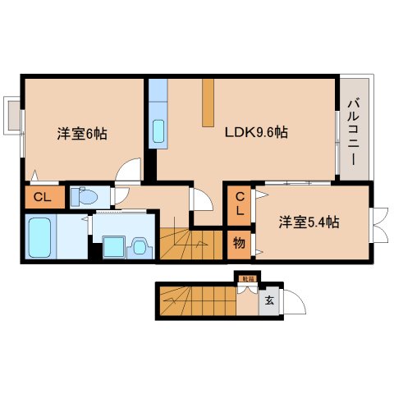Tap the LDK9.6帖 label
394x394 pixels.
[256, 131]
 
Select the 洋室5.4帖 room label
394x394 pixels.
[309, 222]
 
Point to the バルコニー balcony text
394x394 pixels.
[354, 129]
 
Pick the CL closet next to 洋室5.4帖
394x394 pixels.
[239, 203]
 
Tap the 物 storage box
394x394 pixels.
[239, 243]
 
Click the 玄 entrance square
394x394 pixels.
[268, 300]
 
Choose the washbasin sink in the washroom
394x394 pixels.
[138, 245]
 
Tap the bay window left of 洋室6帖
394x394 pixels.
[11, 115]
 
